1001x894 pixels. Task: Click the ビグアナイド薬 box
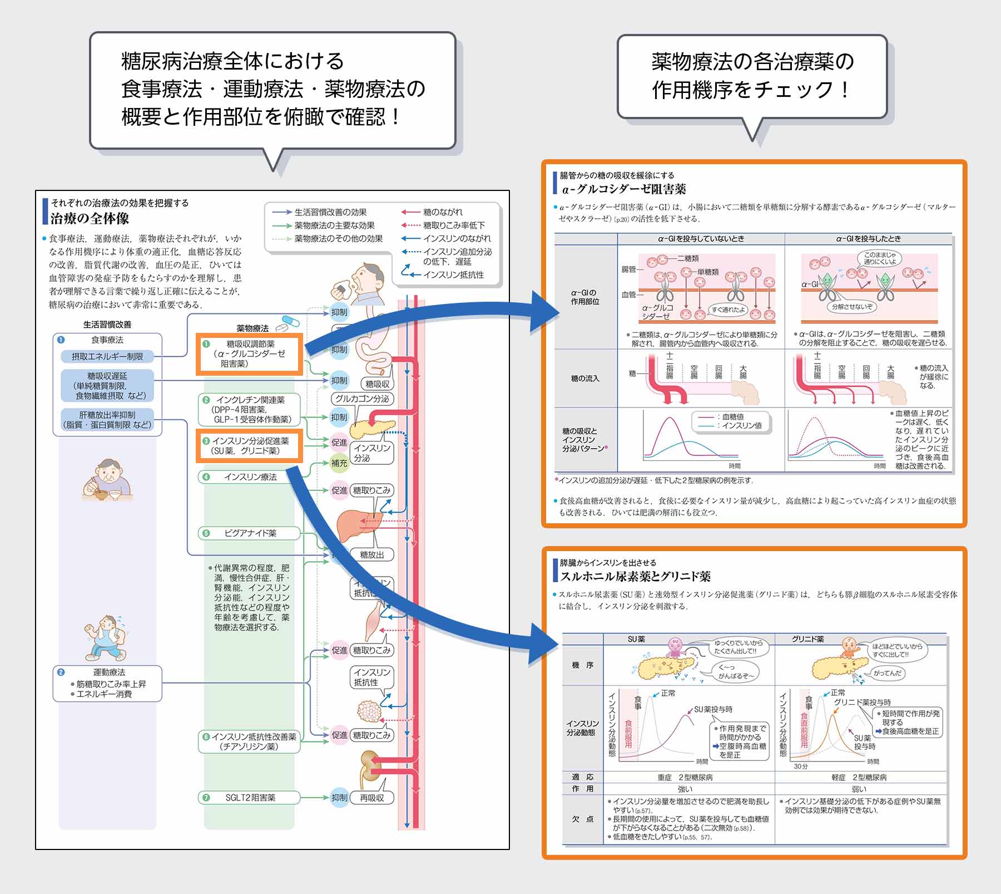click(250, 533)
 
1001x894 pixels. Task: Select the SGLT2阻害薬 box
click(250, 798)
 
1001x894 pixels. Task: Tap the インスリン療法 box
click(250, 477)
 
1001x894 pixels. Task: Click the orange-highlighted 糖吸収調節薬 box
click(250, 354)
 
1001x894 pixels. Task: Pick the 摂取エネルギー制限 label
click(107, 356)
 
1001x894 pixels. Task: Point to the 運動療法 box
click(107, 683)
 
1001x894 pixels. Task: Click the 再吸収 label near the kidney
click(371, 798)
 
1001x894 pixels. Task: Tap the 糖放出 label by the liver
click(371, 554)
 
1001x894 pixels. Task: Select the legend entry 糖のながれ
click(442, 212)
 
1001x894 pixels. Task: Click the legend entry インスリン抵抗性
click(453, 274)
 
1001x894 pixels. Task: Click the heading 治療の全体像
click(90, 218)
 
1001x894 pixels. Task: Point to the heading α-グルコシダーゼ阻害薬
click(623, 189)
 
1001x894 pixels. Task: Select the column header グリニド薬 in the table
click(807, 639)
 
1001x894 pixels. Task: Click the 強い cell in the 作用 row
click(685, 789)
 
